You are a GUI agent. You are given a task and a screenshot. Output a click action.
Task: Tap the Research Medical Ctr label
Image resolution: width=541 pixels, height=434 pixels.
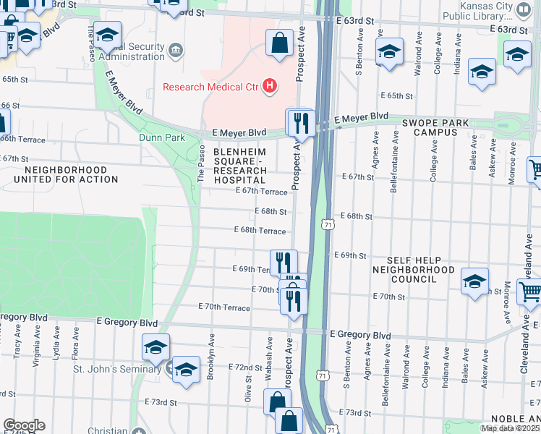(x=210, y=87)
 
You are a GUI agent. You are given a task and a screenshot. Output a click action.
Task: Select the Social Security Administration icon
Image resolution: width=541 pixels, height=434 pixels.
(x=176, y=50)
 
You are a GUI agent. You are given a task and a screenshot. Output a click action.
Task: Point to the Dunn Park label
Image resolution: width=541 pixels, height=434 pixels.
(x=162, y=137)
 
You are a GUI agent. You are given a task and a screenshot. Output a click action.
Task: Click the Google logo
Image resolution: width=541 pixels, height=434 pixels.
(x=24, y=425)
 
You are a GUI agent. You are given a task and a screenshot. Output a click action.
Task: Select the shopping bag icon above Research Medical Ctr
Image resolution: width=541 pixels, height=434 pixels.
(x=279, y=43)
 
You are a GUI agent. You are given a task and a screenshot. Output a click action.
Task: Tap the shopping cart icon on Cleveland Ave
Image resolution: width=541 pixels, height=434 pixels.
(x=530, y=292)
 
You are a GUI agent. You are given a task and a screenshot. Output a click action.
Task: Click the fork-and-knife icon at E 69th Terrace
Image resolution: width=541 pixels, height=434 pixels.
(x=284, y=261)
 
